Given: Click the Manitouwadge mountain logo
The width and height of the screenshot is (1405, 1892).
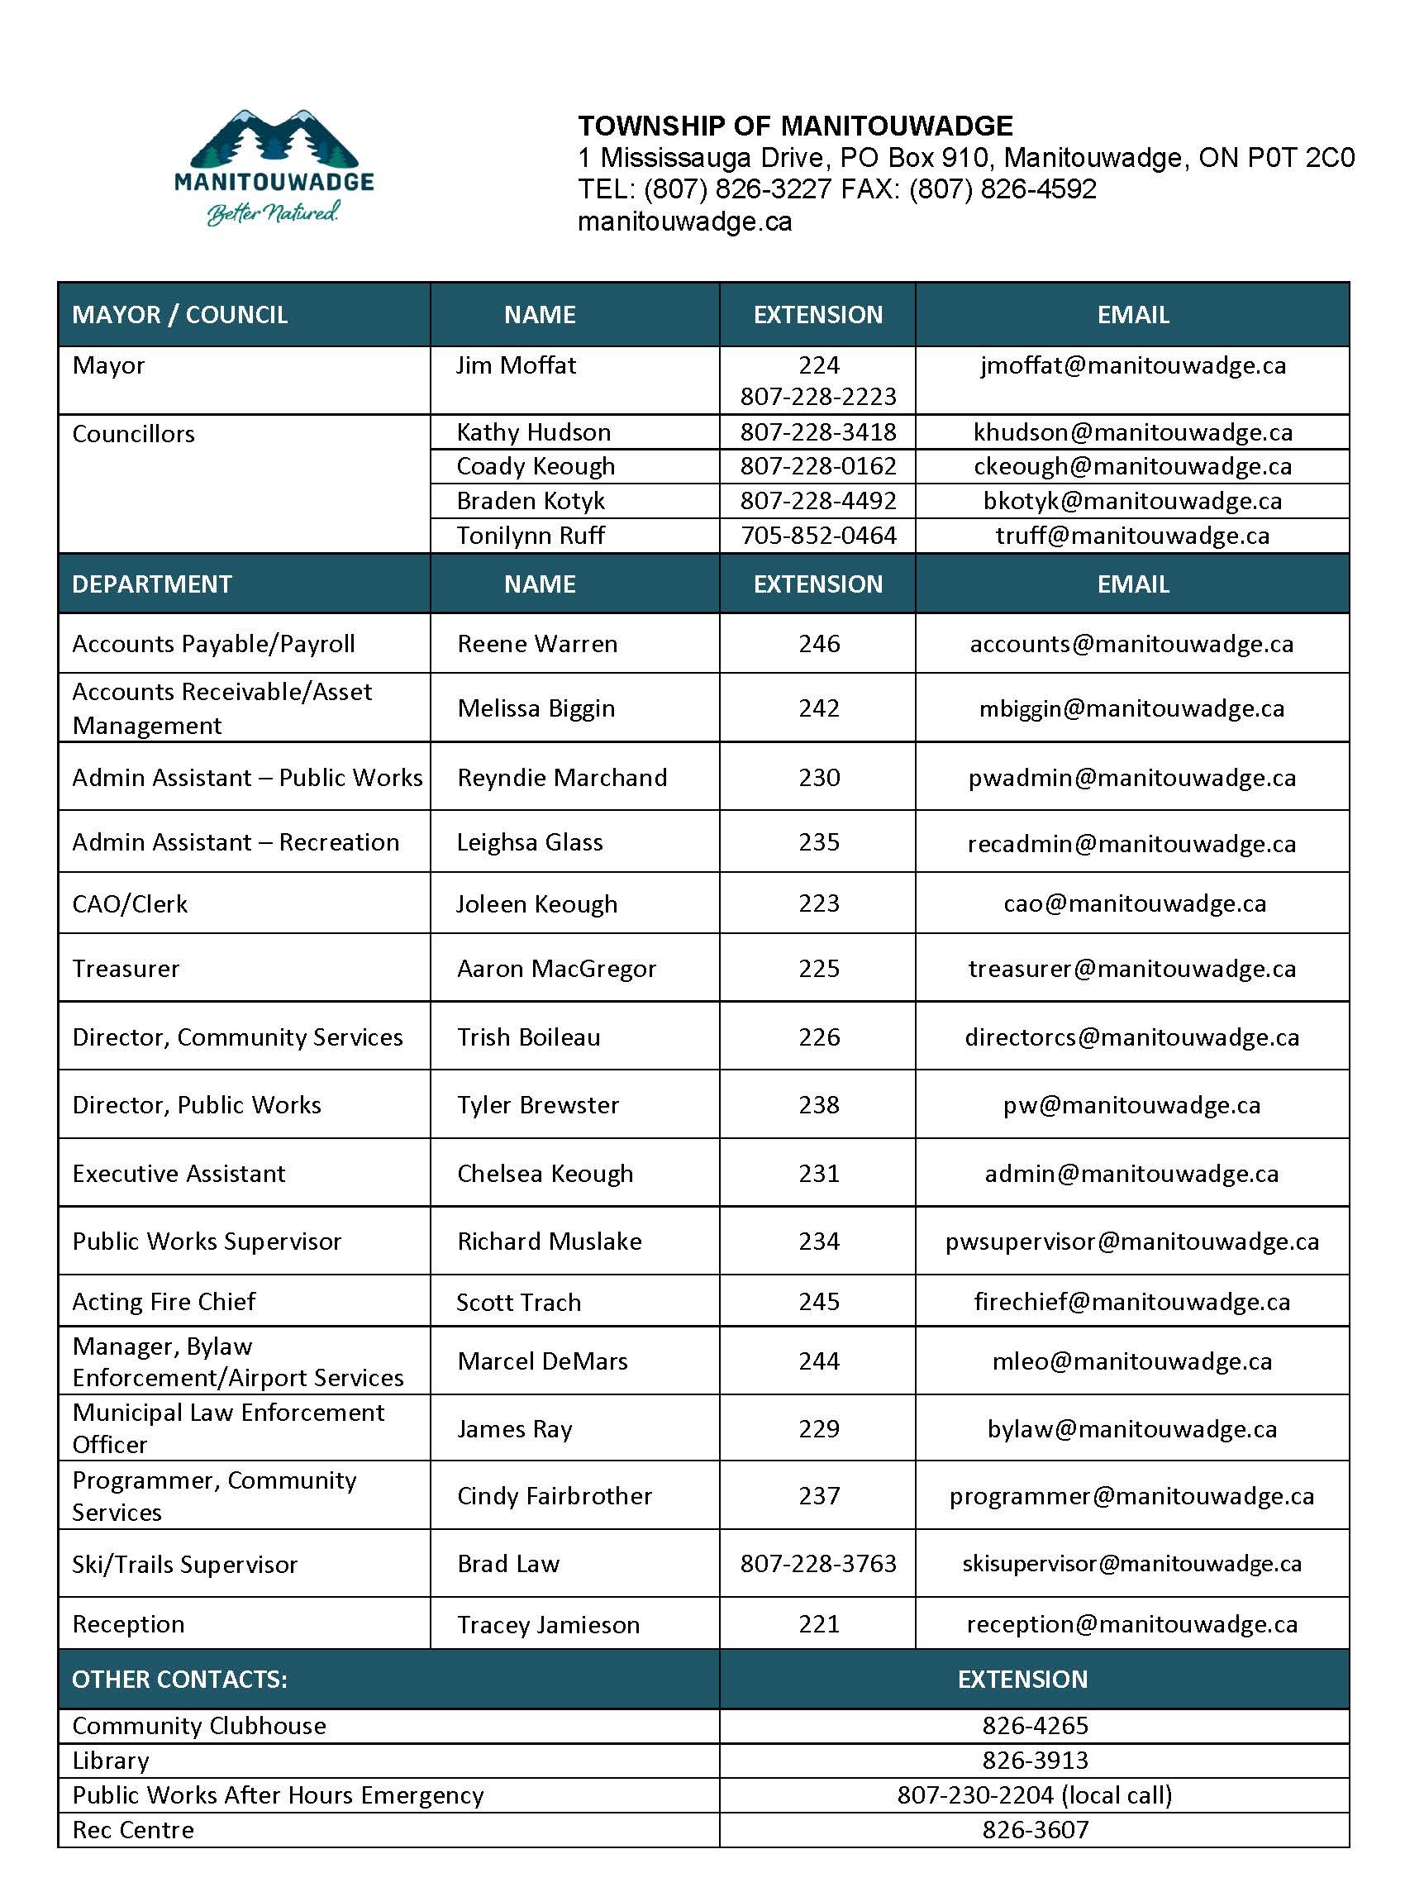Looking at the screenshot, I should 274,167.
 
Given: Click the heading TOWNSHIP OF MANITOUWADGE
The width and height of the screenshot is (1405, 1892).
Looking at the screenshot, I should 795,126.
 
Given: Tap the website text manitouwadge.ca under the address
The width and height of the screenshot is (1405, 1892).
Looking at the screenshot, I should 684,222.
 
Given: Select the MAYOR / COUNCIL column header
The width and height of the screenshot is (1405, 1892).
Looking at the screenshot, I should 179,315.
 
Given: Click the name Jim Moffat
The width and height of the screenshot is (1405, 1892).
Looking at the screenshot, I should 516,365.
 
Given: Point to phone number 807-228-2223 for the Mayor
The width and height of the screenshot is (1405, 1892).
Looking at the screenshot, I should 817,396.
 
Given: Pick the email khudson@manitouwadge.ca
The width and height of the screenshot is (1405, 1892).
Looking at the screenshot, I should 1132,432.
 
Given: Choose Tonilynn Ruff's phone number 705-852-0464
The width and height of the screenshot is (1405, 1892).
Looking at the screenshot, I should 817,536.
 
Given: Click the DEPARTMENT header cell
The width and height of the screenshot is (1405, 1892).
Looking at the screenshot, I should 151,584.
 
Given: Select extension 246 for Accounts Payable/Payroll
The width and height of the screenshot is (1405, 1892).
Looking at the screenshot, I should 818,644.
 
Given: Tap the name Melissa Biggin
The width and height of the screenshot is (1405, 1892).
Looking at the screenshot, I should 535,708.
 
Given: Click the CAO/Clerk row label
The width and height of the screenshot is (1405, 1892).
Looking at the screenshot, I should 129,904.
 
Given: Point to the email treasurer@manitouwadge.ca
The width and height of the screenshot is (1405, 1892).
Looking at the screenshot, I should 1131,969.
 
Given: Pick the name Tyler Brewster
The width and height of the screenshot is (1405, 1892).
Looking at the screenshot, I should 537,1104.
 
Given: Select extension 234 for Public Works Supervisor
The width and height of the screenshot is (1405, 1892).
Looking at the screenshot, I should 818,1241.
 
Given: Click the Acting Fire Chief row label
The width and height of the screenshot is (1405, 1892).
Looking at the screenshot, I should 164,1302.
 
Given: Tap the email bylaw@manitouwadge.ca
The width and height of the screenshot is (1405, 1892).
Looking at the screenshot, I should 1131,1429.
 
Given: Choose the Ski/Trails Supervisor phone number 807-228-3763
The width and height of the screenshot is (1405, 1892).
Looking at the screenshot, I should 817,1564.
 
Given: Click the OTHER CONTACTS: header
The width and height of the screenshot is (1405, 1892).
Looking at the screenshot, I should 179,1680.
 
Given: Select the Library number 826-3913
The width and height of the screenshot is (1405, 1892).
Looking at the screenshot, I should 1034,1761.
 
